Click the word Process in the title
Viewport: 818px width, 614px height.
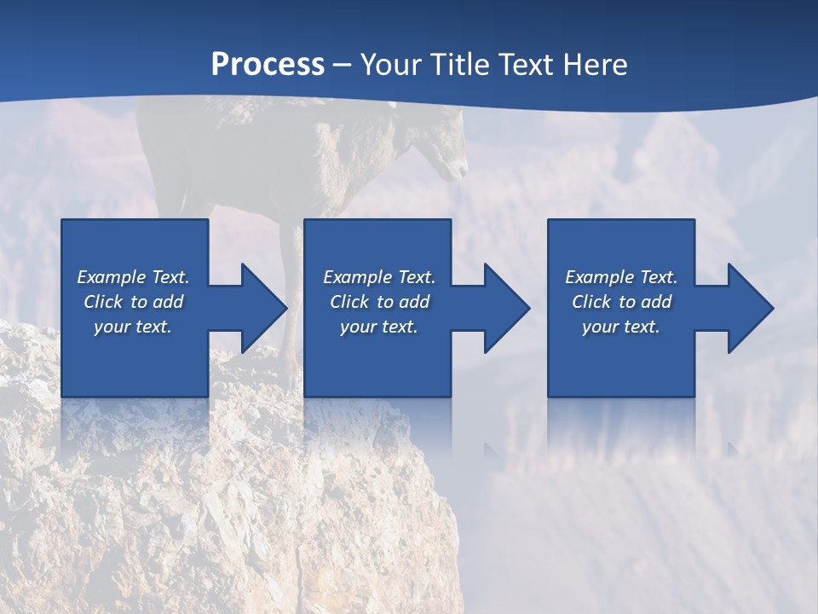pyautogui.click(x=268, y=65)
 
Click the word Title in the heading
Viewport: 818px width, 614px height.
pyautogui.click(x=463, y=65)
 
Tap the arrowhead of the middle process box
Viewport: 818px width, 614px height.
pyautogui.click(x=502, y=308)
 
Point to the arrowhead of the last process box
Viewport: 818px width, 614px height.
pyautogui.click(x=746, y=308)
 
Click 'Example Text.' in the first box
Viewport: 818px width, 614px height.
pyautogui.click(x=133, y=277)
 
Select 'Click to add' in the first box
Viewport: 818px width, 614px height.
pyautogui.click(x=133, y=302)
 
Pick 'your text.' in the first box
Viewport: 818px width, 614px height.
pyautogui.click(x=133, y=327)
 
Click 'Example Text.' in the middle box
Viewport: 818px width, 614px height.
pyautogui.click(x=379, y=277)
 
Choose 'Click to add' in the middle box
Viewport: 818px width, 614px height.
pyautogui.click(x=379, y=302)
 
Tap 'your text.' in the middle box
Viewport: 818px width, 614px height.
pyautogui.click(x=379, y=327)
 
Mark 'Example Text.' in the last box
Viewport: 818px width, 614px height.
pyautogui.click(x=621, y=277)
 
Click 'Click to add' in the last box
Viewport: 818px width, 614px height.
pyautogui.click(x=621, y=302)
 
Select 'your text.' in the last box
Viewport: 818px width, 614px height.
pyautogui.click(x=621, y=327)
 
